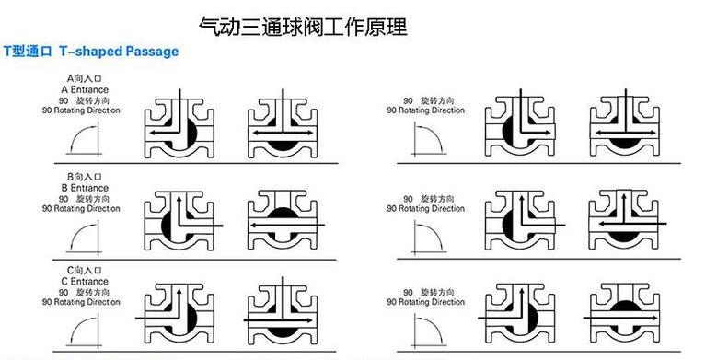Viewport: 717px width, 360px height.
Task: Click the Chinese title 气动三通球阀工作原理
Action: tap(302, 25)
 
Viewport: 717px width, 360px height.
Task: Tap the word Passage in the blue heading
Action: tap(154, 52)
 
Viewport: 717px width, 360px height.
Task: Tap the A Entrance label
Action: tap(87, 90)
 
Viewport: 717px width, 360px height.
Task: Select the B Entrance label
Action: tap(87, 187)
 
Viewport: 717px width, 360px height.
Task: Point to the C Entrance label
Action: tap(87, 282)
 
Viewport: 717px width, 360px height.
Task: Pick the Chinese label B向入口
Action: tap(87, 177)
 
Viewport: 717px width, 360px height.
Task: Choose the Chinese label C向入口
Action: tap(87, 272)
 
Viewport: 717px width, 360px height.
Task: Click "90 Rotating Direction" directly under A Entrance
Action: tap(82, 111)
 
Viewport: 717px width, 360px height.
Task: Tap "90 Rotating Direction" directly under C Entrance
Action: tap(82, 302)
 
